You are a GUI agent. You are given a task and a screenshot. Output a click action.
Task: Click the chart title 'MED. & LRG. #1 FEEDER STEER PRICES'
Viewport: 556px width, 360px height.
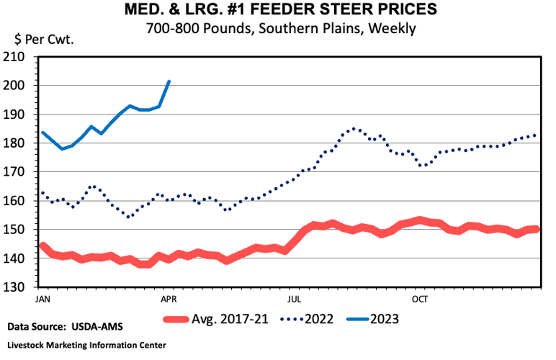277,11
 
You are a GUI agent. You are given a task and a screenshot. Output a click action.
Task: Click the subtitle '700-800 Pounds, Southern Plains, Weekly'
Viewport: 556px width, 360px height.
277,29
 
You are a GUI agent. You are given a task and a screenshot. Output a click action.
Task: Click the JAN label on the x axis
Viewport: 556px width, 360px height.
42,297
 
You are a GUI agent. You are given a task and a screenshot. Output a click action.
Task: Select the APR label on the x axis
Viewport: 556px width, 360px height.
168,297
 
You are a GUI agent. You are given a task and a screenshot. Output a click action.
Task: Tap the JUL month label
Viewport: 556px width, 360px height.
294,297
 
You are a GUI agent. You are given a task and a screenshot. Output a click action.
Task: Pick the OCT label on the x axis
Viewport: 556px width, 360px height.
419,297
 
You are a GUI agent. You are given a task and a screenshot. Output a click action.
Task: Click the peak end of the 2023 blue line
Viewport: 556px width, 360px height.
169,81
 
